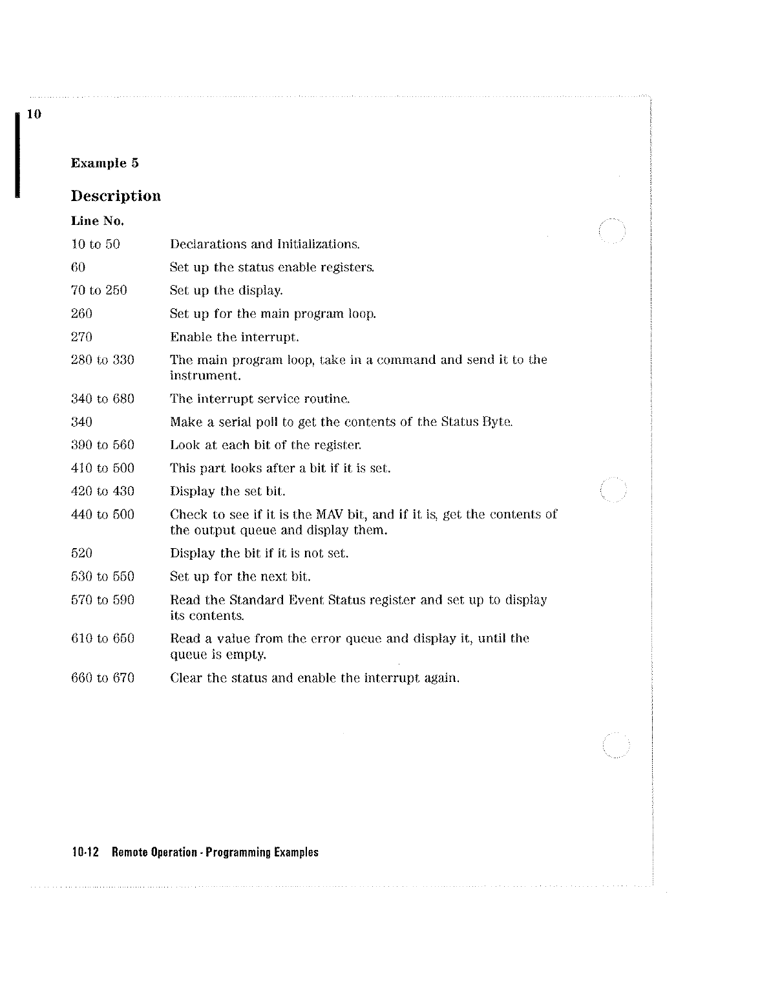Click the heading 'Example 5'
pos(105,163)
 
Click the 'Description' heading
pos(116,196)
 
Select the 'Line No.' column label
pos(97,221)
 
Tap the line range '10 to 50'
pos(95,244)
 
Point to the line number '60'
pos(78,268)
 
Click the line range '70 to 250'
pos(99,291)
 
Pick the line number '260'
pos(81,314)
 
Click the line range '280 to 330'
pos(102,360)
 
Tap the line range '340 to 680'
pos(102,399)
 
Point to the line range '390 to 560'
pos(102,445)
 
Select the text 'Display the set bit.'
pos(227,492)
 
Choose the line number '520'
pos(81,553)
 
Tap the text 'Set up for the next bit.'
pos(240,577)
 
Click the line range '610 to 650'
pos(102,639)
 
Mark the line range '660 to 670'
pos(102,678)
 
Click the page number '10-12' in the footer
pos(85,853)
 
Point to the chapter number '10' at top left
pos(34,115)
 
